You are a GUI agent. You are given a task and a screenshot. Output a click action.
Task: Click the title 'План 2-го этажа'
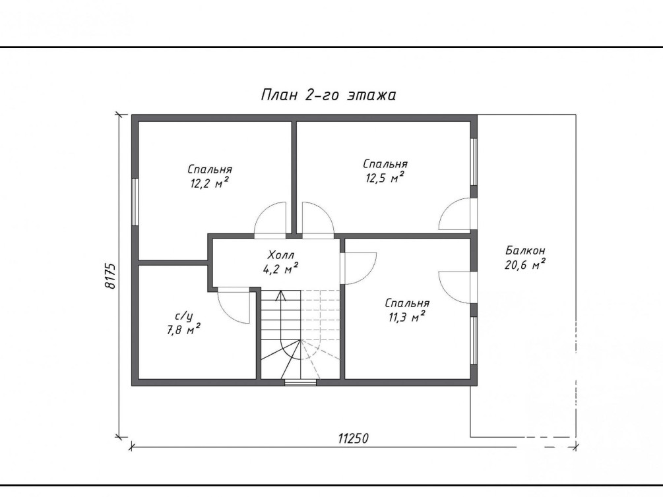tap(328, 95)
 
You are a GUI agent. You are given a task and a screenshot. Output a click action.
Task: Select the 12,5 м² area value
tap(385, 178)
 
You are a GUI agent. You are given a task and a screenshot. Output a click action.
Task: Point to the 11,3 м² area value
tap(407, 317)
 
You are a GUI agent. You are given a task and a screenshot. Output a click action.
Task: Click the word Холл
tap(281, 255)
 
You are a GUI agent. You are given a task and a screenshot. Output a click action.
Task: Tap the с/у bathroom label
tap(184, 316)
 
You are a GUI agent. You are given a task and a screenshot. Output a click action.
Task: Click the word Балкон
tap(525, 250)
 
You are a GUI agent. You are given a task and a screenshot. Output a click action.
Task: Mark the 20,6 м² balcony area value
tap(524, 265)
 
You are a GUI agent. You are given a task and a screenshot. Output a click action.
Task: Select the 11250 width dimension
tap(353, 438)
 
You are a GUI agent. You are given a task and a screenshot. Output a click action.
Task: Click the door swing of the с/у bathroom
tap(233, 306)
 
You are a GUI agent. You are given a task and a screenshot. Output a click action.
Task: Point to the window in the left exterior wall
tap(135, 202)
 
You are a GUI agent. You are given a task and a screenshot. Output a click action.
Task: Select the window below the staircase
tap(300, 383)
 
